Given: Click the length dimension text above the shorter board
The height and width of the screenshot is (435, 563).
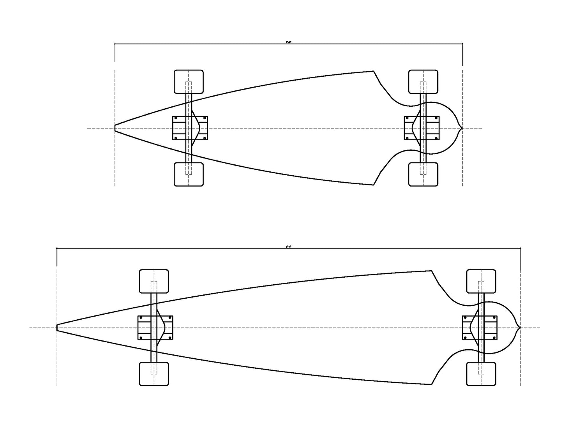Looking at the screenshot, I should click(288, 42).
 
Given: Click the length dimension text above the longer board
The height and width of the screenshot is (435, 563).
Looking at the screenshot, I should click(288, 246).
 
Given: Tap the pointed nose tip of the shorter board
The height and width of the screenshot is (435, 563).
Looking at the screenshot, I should click(115, 128).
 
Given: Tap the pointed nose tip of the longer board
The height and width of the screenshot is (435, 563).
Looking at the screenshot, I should click(57, 327).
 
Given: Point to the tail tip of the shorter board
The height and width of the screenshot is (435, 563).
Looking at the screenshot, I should click(462, 128).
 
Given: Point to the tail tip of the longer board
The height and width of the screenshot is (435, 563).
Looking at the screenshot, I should click(520, 327).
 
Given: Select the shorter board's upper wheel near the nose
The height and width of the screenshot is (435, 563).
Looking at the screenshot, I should click(189, 82).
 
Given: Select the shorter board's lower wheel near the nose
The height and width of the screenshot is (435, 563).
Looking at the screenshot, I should click(189, 174).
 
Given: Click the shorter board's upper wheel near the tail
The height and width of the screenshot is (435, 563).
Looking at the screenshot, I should click(423, 82).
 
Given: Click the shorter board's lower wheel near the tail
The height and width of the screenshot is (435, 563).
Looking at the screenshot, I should click(423, 174).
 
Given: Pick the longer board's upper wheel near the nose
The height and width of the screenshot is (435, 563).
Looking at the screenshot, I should click(154, 281).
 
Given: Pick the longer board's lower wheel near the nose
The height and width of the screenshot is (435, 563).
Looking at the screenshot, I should click(154, 374).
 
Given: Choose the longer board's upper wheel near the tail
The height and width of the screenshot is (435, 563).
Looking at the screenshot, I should click(481, 281).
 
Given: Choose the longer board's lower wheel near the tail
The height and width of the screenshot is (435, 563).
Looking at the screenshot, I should click(481, 374).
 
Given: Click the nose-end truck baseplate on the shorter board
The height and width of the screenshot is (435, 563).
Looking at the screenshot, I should click(190, 128).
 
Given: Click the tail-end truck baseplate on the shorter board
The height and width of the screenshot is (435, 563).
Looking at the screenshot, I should click(422, 128).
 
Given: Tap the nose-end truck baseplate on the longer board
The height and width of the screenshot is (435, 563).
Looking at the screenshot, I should click(155, 327).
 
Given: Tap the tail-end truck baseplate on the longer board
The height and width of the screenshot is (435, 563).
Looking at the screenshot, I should click(480, 327).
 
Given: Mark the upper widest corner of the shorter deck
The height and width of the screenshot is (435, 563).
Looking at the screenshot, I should click(373, 71).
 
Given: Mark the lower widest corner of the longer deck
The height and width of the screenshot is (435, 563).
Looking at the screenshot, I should click(431, 384).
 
